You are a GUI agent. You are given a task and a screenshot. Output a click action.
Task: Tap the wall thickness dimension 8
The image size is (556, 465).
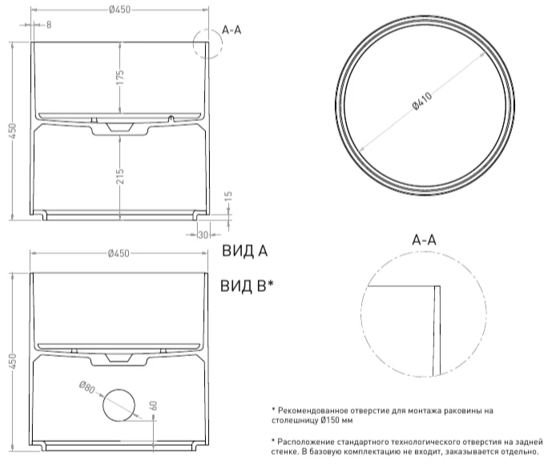[x=49, y=25]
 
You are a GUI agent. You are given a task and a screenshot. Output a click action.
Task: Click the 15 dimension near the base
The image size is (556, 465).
[x=228, y=196]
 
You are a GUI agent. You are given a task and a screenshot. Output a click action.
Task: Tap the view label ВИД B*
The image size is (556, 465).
[x=248, y=285]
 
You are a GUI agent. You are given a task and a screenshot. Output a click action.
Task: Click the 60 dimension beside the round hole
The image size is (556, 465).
[x=152, y=406]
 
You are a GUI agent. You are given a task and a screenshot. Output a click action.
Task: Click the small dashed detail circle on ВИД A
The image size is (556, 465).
[x=205, y=44]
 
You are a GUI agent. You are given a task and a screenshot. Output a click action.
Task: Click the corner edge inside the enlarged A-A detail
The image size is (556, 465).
[x=437, y=285]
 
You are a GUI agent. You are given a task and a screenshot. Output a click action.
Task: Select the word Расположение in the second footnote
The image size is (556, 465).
[x=308, y=441]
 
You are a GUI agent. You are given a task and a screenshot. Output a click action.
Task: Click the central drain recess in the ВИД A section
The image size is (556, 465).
[x=119, y=127]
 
